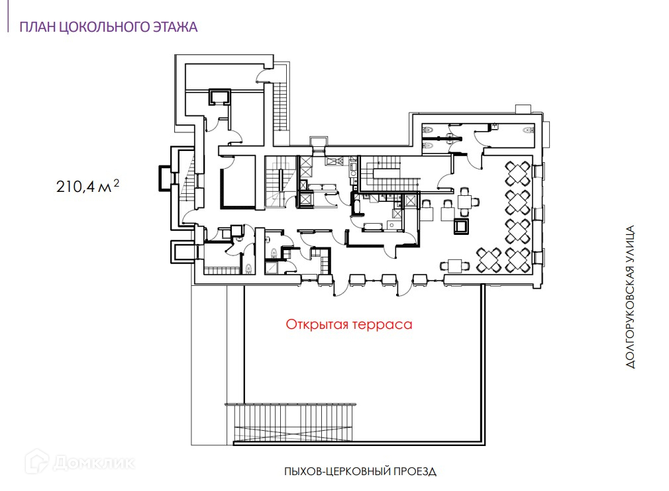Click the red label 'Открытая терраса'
(349, 325)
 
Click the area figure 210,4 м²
(87, 187)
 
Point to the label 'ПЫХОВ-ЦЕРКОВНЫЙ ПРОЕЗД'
(360, 472)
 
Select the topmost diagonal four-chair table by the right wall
(518, 174)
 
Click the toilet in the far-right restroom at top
(528, 130)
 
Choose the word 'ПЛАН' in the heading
(34, 27)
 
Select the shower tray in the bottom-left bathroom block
(272, 267)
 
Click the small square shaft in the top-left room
(219, 97)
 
